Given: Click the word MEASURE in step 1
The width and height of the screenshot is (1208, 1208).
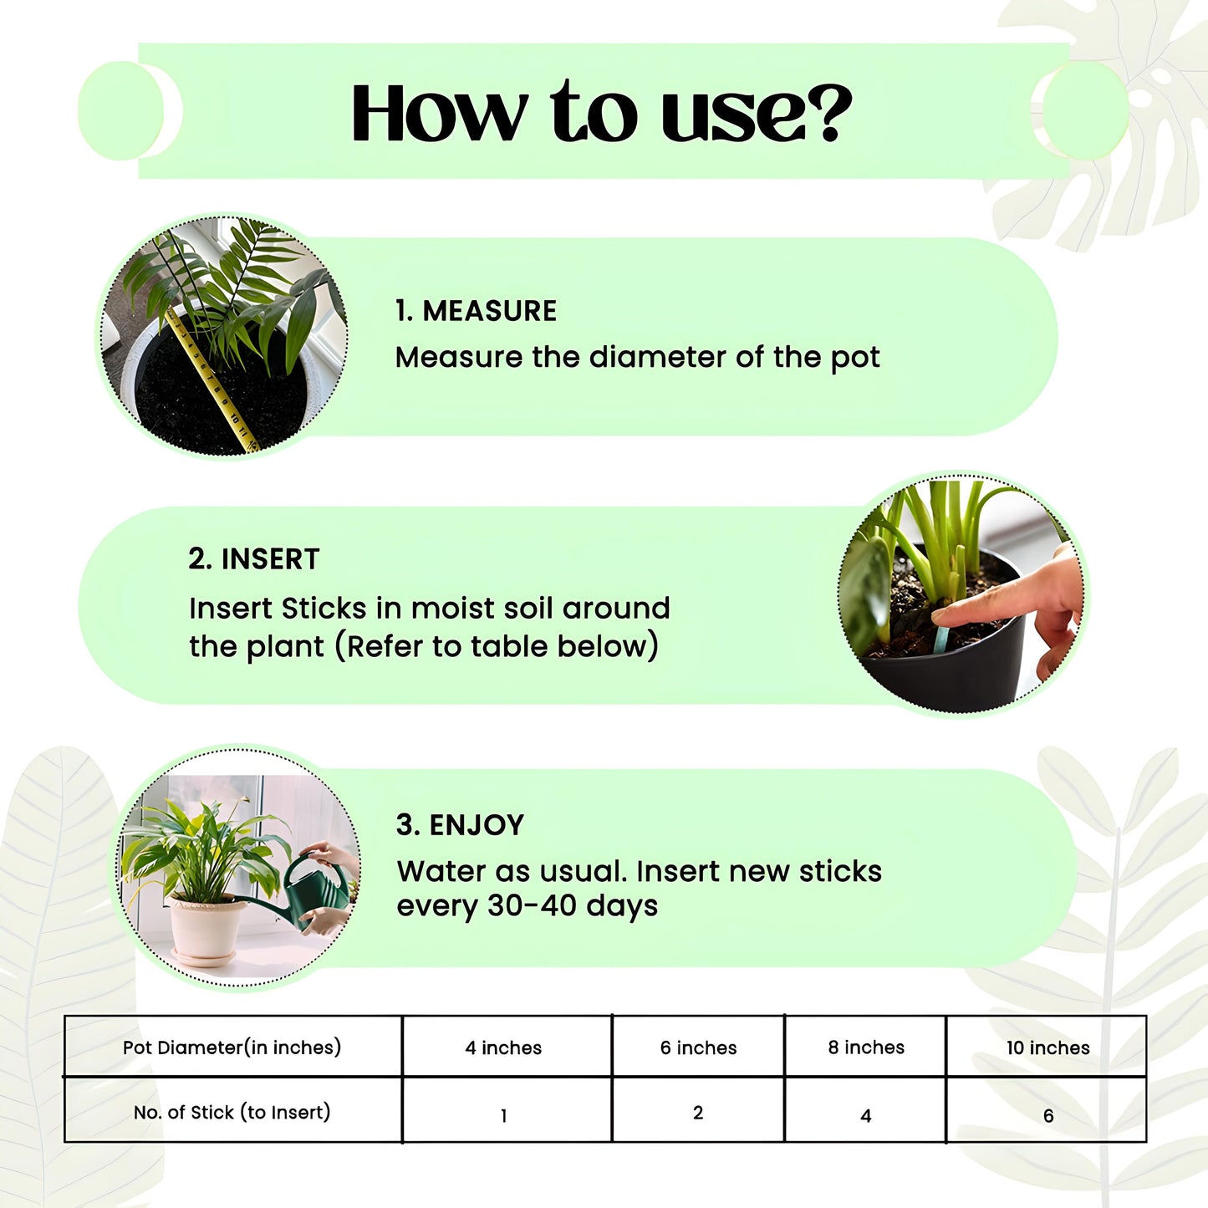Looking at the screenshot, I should coord(489,311).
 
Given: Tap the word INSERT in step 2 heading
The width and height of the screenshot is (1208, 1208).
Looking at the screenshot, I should coord(270,559).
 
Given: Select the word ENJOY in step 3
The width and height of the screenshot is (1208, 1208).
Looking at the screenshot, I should coord(477,825).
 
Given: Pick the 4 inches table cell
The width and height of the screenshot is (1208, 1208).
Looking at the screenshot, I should coord(503,1047).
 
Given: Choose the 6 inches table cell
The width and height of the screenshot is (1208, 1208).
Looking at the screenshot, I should coord(698,1047).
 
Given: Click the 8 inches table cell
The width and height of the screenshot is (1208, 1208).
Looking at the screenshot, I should coord(866,1047).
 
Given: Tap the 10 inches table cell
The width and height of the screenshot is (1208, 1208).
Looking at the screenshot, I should coord(1047,1047).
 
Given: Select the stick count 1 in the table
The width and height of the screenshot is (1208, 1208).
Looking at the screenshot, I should coord(503,1115).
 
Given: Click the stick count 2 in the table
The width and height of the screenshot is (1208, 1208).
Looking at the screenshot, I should coord(698,1113).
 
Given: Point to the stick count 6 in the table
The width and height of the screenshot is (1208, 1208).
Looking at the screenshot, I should coord(1047,1115).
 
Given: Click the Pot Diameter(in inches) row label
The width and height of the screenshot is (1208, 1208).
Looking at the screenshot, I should coord(232,1047).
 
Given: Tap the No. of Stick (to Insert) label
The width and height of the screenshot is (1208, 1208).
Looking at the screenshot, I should coord(232,1113).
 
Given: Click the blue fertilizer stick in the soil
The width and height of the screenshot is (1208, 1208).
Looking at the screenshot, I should coord(941,640).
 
